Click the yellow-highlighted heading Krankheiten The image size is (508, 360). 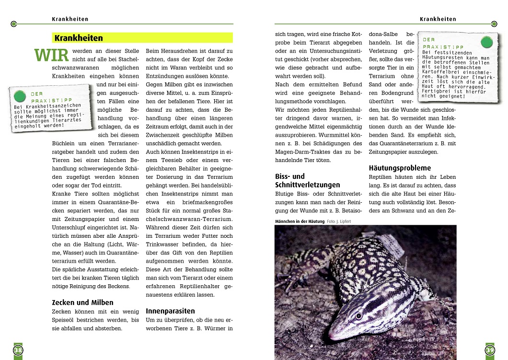79,38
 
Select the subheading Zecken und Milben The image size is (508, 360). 82,302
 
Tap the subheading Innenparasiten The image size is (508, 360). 170,311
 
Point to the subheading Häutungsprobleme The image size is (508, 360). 400,168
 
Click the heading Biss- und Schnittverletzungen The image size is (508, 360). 307,181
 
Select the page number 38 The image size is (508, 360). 18,350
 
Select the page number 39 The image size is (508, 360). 489,350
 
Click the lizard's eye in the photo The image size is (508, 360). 358,316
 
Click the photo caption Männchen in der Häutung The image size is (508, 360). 300,221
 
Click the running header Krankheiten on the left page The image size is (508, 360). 70,19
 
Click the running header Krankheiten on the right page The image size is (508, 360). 438,19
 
